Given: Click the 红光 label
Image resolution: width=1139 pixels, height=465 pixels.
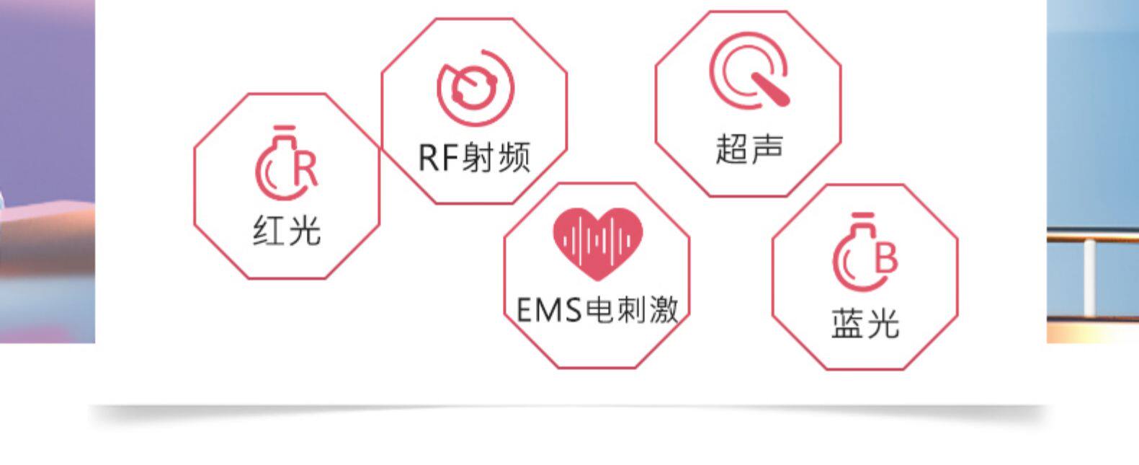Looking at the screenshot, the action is click(x=286, y=231).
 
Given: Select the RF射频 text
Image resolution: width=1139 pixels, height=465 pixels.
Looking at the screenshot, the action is click(x=474, y=156).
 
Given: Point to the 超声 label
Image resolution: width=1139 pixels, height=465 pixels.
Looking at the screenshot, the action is click(x=749, y=149).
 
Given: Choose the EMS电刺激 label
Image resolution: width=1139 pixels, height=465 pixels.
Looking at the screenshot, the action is click(x=597, y=310).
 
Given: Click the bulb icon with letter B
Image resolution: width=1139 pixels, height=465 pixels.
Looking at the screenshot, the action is click(x=865, y=254).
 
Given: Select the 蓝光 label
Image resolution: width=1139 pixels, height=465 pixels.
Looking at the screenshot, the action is click(x=865, y=323).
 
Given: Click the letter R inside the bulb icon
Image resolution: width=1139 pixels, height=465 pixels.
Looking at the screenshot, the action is click(x=305, y=169).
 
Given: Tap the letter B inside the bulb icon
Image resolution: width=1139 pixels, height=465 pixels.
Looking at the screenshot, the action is click(x=885, y=257).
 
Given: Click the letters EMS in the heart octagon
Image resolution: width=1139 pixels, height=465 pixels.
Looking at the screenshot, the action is click(x=549, y=311).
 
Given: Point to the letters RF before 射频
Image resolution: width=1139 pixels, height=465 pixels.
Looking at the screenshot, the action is click(x=438, y=157).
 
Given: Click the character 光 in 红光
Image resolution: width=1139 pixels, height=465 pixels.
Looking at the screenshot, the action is click(x=304, y=231).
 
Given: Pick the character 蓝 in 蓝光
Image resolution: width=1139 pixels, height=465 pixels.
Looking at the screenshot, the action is click(x=847, y=323).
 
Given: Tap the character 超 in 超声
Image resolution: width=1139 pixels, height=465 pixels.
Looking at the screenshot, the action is click(x=732, y=149).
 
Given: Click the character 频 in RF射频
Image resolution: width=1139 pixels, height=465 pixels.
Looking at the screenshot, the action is click(x=514, y=156).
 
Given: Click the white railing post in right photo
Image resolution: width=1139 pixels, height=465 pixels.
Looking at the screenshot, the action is click(x=1089, y=278).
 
